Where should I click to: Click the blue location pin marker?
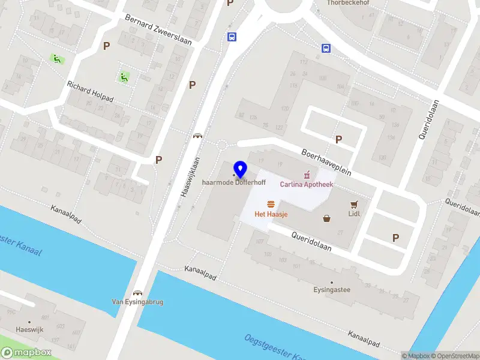[x=241, y=170]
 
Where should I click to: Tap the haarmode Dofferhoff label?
[x=234, y=182]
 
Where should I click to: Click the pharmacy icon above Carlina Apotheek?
[x=307, y=175]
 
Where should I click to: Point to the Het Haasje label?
[x=270, y=214]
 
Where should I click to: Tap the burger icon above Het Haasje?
[x=271, y=204]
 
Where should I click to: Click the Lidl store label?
[x=354, y=213]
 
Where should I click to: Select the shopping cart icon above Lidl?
[x=354, y=203]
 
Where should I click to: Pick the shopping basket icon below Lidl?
[x=327, y=218]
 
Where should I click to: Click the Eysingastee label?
[x=331, y=290]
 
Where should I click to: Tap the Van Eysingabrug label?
[x=138, y=302]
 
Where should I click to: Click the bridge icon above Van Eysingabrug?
[x=138, y=292]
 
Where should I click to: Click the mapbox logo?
[x=26, y=352]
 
